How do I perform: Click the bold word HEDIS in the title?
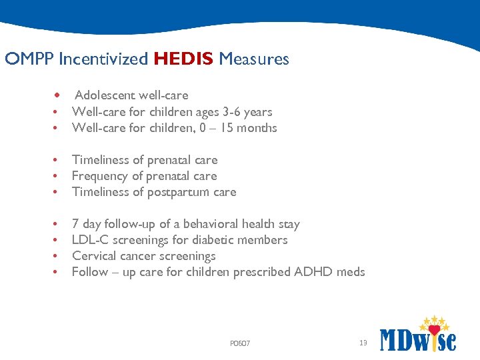[183, 59]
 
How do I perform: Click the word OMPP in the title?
[29, 59]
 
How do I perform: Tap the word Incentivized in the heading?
[103, 59]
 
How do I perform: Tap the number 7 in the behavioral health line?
[75, 224]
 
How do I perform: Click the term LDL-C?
[87, 240]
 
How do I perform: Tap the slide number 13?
[363, 343]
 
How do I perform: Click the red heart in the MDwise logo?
[435, 329]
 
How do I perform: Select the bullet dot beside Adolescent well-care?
[59, 95]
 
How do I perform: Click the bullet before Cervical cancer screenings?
[57, 256]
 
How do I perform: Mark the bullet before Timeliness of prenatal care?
[57, 160]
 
